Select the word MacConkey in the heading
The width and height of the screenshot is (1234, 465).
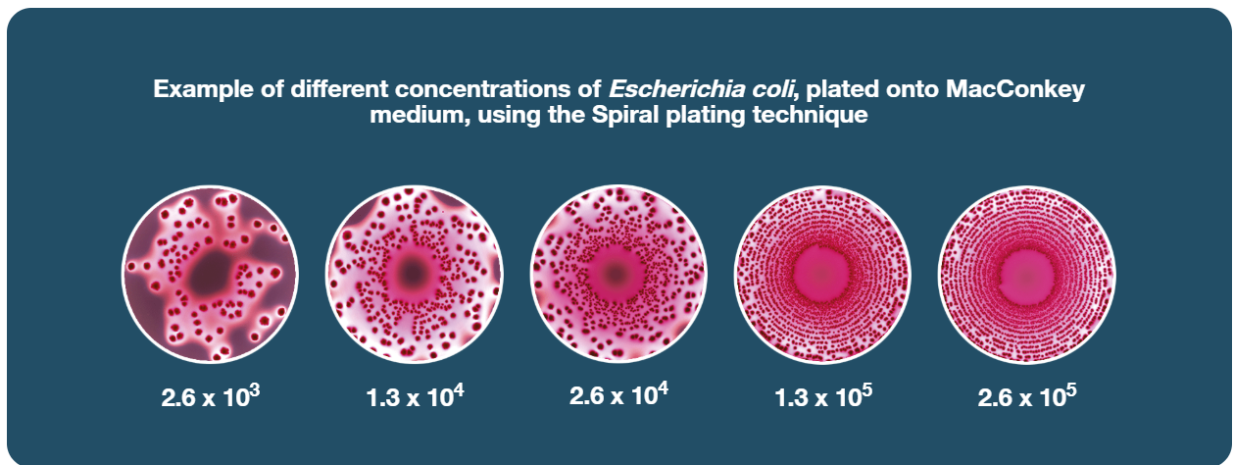1015,90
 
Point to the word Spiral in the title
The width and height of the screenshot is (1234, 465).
625,116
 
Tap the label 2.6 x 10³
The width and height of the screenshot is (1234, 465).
211,396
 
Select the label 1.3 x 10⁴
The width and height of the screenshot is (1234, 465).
415,396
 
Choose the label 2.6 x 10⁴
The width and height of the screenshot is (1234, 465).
618,394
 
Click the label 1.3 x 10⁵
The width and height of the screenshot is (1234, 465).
823,396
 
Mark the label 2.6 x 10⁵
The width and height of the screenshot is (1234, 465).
1027,396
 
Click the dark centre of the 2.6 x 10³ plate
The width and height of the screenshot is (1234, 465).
211,273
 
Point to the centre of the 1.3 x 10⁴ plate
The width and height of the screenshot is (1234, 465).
414,272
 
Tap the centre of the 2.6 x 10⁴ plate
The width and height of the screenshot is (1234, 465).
617,273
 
